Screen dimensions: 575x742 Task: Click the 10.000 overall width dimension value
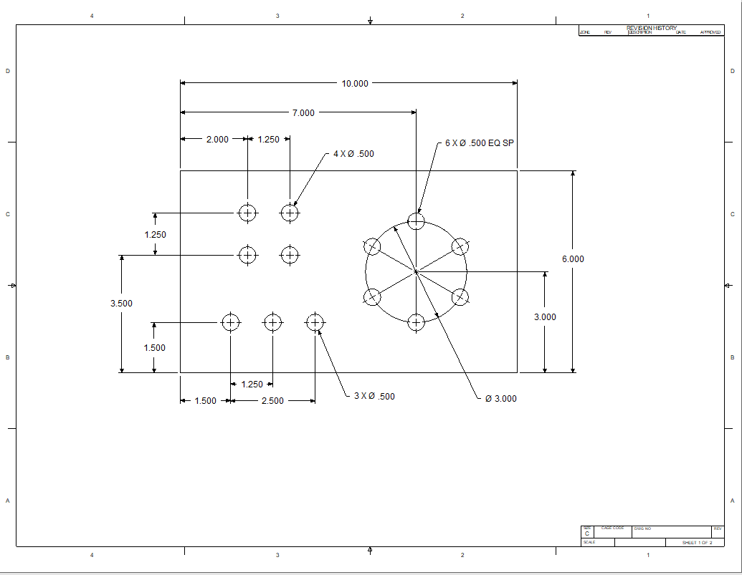click(x=355, y=84)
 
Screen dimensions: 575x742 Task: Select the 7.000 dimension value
click(x=303, y=112)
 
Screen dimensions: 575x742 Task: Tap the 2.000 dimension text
click(x=217, y=140)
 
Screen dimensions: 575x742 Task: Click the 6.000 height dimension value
click(x=573, y=259)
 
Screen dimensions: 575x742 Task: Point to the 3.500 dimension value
click(x=121, y=304)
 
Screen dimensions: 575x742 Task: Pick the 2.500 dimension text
click(x=272, y=401)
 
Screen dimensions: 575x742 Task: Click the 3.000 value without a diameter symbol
click(x=545, y=317)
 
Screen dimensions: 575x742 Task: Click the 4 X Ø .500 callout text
click(x=353, y=154)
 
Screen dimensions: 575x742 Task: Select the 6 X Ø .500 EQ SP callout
click(x=480, y=143)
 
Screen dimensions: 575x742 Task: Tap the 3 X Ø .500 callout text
click(x=374, y=397)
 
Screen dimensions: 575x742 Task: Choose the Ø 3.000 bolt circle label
click(x=500, y=399)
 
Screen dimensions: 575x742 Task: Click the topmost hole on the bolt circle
click(x=416, y=221)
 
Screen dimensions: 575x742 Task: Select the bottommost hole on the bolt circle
click(x=416, y=322)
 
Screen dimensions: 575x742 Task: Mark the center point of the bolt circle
click(x=416, y=271)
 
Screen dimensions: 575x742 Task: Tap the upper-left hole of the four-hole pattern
click(x=247, y=213)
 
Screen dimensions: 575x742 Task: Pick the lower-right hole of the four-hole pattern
click(x=290, y=255)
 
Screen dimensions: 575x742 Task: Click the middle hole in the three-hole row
click(x=272, y=322)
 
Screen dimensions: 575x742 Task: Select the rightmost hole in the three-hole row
click(x=315, y=322)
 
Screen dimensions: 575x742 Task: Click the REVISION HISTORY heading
click(x=651, y=28)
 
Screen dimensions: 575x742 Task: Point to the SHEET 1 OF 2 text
click(x=697, y=543)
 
